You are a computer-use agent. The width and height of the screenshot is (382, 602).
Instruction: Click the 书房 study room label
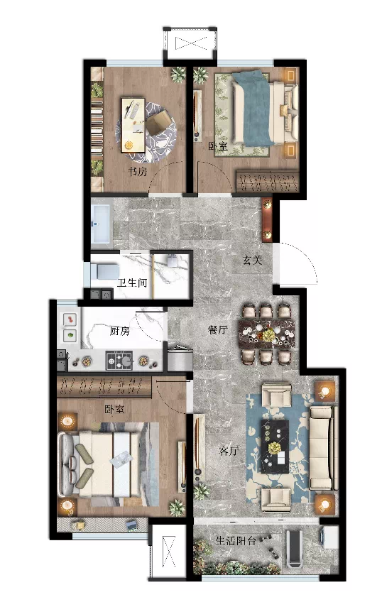[138, 171]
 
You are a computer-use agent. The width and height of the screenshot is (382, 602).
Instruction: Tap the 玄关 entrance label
[252, 260]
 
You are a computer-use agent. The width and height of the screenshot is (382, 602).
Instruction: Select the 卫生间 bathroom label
[133, 283]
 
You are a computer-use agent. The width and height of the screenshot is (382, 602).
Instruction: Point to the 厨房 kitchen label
[119, 331]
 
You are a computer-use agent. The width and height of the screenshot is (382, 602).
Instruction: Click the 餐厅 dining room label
[217, 329]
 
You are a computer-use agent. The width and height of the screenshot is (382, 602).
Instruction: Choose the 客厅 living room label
[229, 451]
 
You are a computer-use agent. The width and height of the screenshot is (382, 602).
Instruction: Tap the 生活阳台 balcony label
[236, 541]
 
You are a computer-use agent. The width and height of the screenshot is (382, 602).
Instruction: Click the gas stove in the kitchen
[119, 361]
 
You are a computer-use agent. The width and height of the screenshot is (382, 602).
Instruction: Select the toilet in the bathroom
[105, 272]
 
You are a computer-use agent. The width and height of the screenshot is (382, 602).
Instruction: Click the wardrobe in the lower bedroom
[104, 386]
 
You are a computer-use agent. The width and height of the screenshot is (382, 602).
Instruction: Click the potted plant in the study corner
[178, 75]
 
